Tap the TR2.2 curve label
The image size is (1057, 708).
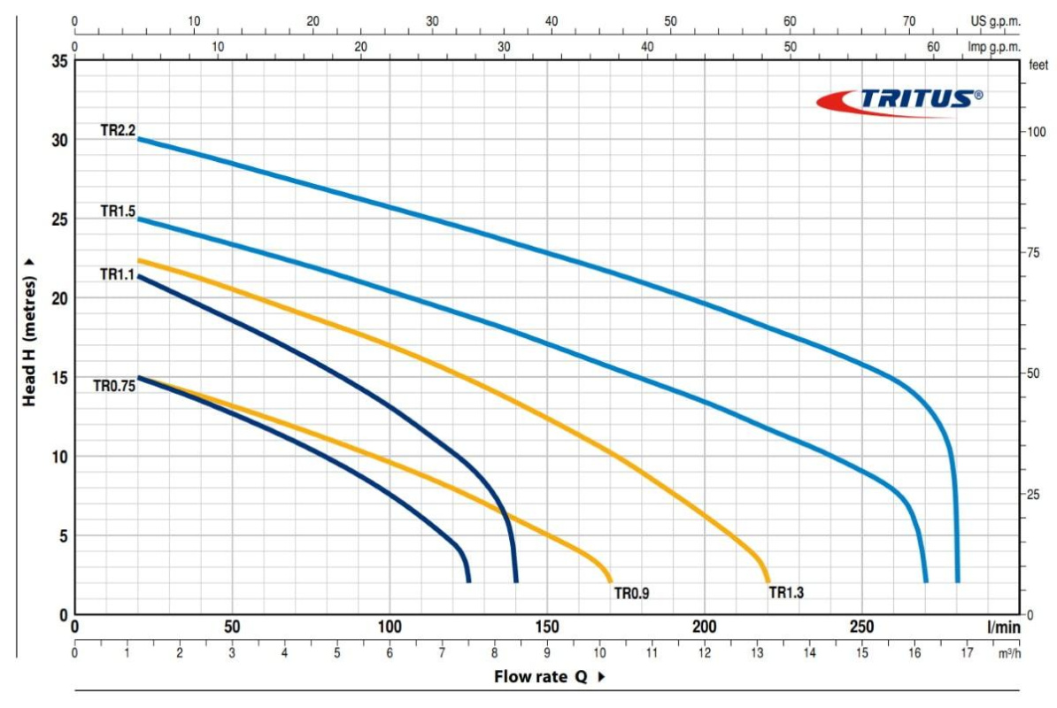[x=118, y=130]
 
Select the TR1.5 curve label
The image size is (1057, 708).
[x=118, y=212]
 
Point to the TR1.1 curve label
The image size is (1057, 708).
[x=117, y=273]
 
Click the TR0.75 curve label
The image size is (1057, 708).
[x=114, y=386]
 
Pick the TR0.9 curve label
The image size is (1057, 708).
[x=632, y=593]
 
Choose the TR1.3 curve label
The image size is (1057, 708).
[x=786, y=593]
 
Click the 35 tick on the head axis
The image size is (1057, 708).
[x=58, y=62]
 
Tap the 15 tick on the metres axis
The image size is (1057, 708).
[x=58, y=378]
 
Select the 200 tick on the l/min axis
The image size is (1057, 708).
[x=705, y=627]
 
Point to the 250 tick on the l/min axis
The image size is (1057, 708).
[x=862, y=627]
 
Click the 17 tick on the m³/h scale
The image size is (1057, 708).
[x=967, y=653]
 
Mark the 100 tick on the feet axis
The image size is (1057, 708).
[x=1035, y=132]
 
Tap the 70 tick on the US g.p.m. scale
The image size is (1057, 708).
[x=909, y=20]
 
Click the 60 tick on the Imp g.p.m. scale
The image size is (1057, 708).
[x=933, y=47]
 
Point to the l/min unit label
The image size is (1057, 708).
[x=1003, y=627]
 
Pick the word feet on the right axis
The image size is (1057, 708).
[x=1037, y=65]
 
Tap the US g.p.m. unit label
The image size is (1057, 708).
[x=995, y=20]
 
